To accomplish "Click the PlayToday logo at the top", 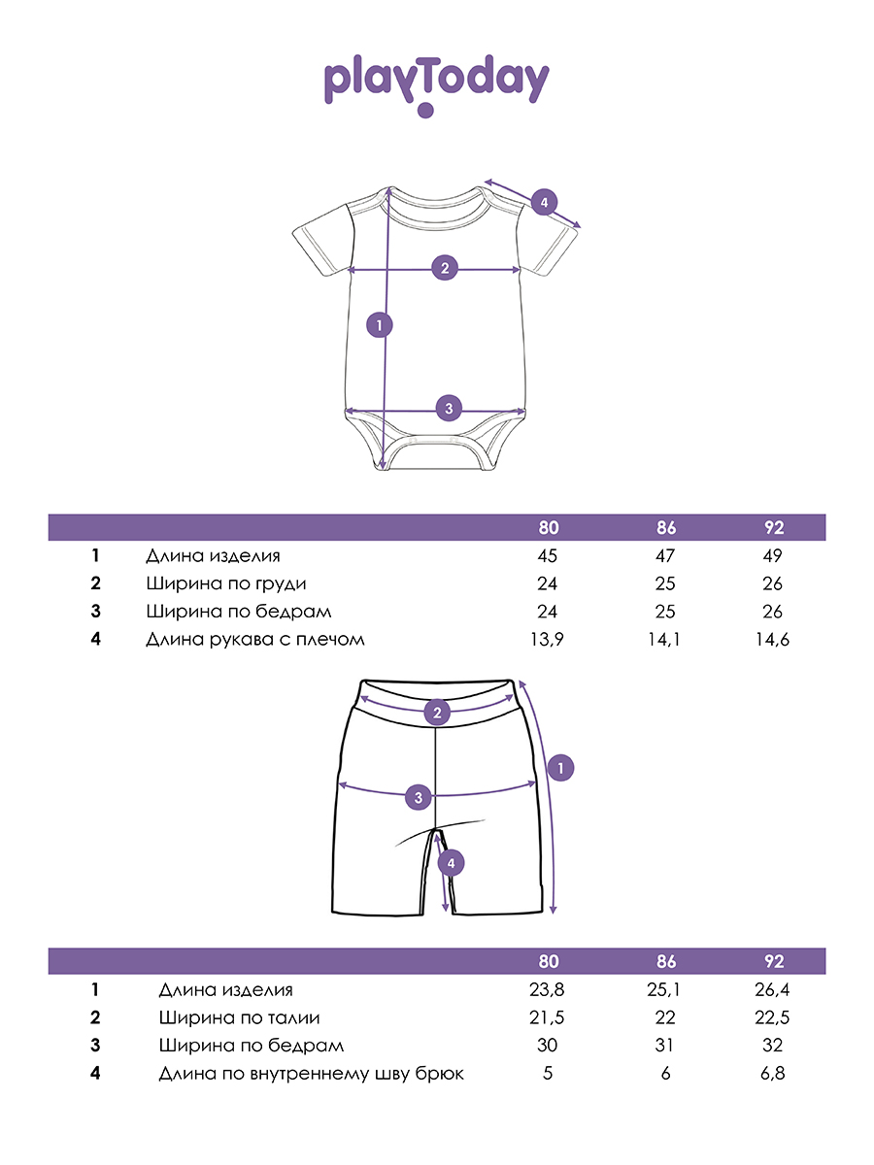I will pyautogui.click(x=436, y=83).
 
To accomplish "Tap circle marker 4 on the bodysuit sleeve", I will pyautogui.click(x=544, y=203).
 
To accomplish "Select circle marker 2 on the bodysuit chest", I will pyautogui.click(x=445, y=268).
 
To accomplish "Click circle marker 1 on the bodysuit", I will pyautogui.click(x=380, y=324).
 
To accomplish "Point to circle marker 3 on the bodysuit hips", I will pyautogui.click(x=448, y=408).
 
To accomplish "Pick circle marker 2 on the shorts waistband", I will pyautogui.click(x=438, y=714).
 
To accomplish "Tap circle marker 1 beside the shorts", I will pyautogui.click(x=560, y=768).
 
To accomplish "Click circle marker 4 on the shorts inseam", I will pyautogui.click(x=450, y=862).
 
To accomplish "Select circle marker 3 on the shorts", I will pyautogui.click(x=418, y=798).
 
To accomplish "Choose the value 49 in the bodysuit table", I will pyautogui.click(x=772, y=556).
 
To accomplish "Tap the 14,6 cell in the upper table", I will pyautogui.click(x=772, y=640).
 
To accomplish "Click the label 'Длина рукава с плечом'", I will pyautogui.click(x=254, y=640).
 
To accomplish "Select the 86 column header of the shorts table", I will pyautogui.click(x=665, y=962).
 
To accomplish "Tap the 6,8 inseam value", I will pyautogui.click(x=772, y=1074).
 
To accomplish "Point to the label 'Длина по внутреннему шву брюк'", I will pyautogui.click(x=311, y=1074).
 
